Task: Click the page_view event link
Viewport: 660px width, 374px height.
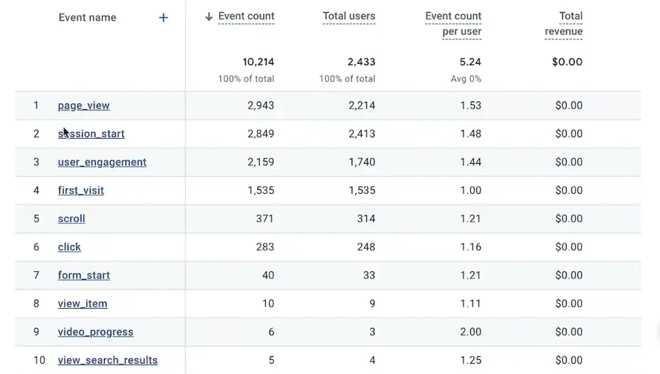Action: pos(84,105)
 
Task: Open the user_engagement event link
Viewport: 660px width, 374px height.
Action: pos(102,162)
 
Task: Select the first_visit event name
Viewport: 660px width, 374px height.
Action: pos(81,190)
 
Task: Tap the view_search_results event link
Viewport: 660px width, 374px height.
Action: pos(108,360)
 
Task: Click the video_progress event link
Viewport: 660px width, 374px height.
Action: pos(95,332)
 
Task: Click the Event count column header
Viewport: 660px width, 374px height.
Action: pos(246,16)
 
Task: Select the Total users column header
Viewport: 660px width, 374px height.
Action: pos(348,16)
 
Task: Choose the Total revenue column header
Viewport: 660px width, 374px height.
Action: pos(564,24)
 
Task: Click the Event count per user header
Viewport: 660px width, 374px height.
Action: pos(454,24)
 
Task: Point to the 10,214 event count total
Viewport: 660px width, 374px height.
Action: pos(258,62)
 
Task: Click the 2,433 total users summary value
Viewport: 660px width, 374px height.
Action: pos(361,62)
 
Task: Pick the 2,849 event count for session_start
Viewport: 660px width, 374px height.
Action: pos(261,134)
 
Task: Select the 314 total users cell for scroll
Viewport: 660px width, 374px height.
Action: pos(365,219)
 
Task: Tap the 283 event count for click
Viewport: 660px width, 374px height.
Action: pos(264,247)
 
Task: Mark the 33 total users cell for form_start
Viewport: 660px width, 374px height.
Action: pos(368,275)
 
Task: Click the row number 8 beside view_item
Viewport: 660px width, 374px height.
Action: pos(37,304)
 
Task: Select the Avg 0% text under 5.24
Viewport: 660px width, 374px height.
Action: pos(465,79)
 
